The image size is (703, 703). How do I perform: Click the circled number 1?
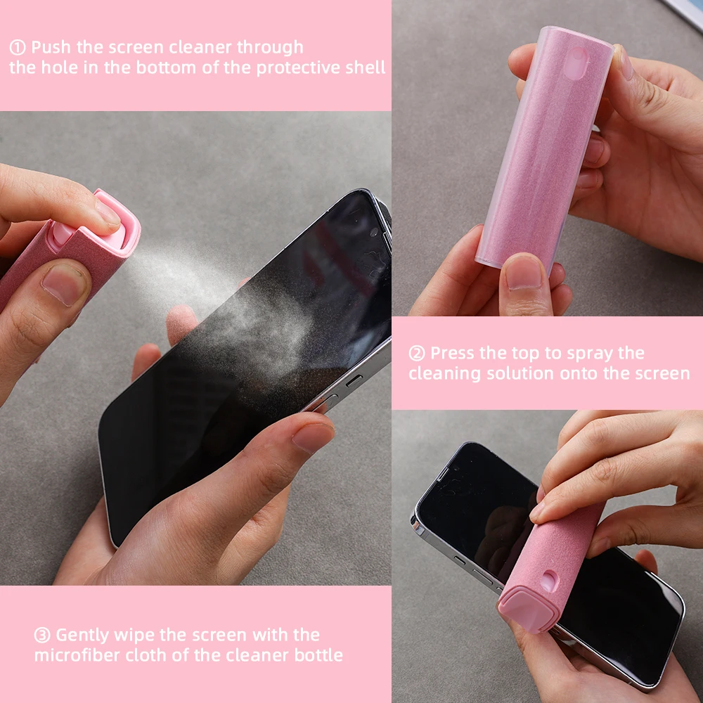[x=18, y=48]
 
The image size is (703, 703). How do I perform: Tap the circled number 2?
[x=416, y=354]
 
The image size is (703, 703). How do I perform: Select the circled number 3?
[x=42, y=635]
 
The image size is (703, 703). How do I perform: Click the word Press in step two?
[x=453, y=354]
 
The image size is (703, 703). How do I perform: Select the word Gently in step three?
[x=82, y=636]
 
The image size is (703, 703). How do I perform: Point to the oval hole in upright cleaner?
[x=576, y=63]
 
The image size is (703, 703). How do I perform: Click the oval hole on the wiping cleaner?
[x=550, y=581]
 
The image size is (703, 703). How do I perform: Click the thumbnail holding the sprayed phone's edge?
[x=314, y=437]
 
